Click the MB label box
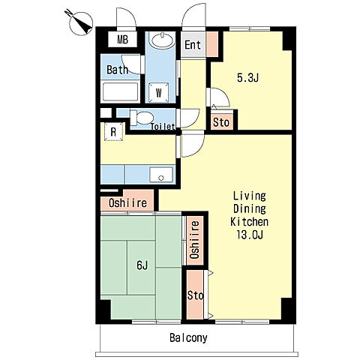coord(122,40)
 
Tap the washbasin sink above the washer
coord(163,40)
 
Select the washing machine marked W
coord(159,92)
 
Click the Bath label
coord(117,70)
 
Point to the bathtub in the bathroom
coord(120,91)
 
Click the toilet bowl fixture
coord(142,118)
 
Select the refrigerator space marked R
coord(113,131)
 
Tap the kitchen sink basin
coord(161,175)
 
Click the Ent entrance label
coord(193,45)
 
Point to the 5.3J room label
coord(247,78)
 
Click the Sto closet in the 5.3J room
coord(221,122)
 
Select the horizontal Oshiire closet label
coord(127,202)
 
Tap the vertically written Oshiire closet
coord(194,240)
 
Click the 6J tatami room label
coord(142,265)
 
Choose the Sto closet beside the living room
coord(195,295)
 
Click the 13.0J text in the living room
coord(250,235)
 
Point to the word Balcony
coord(188,338)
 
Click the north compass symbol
coord(80,23)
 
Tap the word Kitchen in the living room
coord(249,222)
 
